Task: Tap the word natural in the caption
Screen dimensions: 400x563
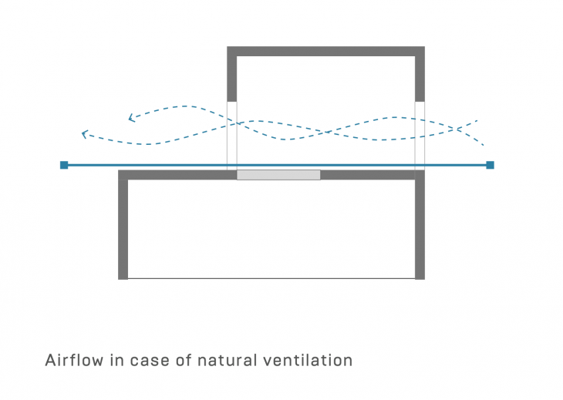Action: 232,361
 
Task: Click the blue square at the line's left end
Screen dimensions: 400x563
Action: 64,165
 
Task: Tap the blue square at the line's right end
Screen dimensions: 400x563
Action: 490,165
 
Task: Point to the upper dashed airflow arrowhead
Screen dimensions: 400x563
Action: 132,118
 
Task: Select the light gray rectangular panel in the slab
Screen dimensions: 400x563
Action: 278,175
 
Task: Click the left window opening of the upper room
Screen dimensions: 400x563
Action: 231,135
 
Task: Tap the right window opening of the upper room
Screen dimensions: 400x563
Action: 420,135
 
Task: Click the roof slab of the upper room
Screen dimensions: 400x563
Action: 325,52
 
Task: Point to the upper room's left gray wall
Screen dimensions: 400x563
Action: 231,77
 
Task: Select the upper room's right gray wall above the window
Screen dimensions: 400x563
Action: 420,77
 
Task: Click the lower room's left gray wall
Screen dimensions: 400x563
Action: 123,227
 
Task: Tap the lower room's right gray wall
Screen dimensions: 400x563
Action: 420,227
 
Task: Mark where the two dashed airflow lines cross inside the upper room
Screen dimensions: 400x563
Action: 328,132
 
